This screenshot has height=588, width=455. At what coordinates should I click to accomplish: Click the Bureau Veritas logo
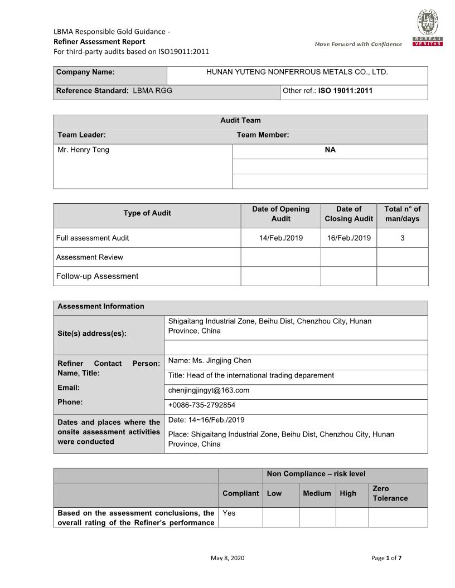[x=428, y=28]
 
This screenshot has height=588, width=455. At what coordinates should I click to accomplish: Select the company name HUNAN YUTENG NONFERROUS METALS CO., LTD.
[x=297, y=72]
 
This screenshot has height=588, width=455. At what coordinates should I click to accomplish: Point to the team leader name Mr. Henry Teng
[x=84, y=150]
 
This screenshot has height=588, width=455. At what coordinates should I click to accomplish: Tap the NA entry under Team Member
[x=330, y=150]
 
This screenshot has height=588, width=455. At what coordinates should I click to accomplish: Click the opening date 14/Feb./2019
[x=281, y=238]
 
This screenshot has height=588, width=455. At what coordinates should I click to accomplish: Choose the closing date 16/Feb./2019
[x=349, y=238]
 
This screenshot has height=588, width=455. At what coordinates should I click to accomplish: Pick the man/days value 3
[x=403, y=238]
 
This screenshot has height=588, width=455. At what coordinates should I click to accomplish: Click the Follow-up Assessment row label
[x=97, y=276]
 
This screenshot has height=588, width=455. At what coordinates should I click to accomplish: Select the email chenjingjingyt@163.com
[x=209, y=390]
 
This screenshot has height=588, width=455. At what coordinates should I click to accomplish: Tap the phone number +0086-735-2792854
[x=202, y=405]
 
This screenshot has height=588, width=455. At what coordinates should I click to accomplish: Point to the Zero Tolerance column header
[x=390, y=493]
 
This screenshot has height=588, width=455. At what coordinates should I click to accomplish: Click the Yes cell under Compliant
[x=229, y=513]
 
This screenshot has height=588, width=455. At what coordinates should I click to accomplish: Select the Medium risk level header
[x=317, y=493]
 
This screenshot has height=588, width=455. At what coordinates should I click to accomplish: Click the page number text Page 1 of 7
[x=386, y=558]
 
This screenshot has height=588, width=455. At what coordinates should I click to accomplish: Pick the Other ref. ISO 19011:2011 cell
[x=328, y=90]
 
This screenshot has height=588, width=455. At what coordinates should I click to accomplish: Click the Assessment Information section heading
[x=101, y=306]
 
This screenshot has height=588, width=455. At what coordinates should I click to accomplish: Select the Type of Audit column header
[x=147, y=213]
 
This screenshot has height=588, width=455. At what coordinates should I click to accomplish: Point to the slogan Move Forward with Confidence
[x=358, y=44]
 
